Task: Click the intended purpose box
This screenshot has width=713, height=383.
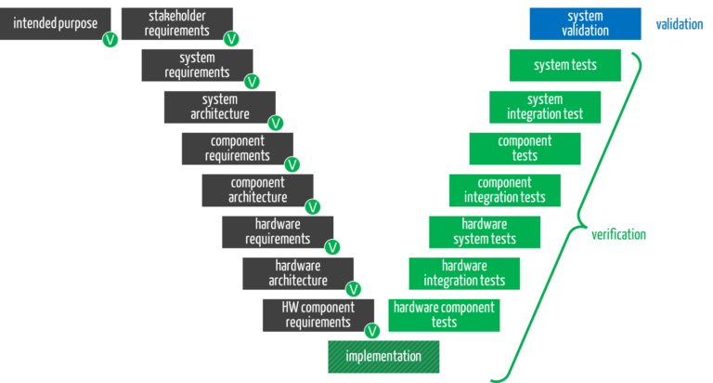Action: (x=54, y=23)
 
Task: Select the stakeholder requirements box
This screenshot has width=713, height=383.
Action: (x=176, y=23)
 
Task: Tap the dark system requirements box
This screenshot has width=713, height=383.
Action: (x=196, y=65)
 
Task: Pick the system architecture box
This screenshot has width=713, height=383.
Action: (x=219, y=107)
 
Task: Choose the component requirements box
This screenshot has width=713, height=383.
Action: (x=237, y=149)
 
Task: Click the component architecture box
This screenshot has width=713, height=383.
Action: (x=257, y=191)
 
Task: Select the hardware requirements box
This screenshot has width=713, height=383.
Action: (x=277, y=232)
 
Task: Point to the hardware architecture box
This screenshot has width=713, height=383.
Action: (x=297, y=273)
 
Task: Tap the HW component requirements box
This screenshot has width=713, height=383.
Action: (x=318, y=315)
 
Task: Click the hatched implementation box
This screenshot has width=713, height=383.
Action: (x=383, y=357)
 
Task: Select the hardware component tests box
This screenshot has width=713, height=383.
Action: (x=444, y=315)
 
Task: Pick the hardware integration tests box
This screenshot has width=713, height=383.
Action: (x=464, y=273)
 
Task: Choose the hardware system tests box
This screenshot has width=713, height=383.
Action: (x=485, y=232)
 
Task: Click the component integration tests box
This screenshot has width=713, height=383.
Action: (x=504, y=191)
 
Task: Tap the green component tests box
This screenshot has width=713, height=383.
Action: (x=525, y=149)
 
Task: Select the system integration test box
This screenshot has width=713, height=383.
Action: (x=545, y=107)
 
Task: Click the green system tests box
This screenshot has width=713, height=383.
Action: (x=564, y=65)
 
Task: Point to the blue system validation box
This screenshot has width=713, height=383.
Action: (x=585, y=23)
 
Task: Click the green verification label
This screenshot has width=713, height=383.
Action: (x=618, y=234)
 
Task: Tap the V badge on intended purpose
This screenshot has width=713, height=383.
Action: (x=110, y=40)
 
